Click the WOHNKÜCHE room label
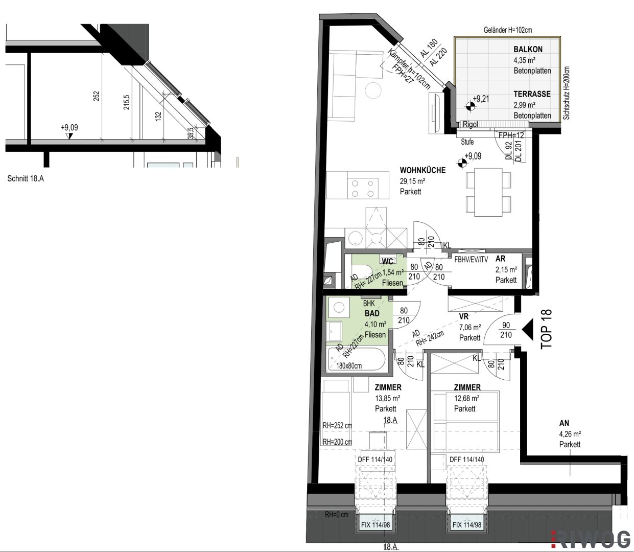(422, 170)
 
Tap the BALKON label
(528, 49)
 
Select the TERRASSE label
(532, 94)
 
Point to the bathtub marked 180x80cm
(357, 359)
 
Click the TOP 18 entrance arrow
(528, 330)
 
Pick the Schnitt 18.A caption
(26, 178)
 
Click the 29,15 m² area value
(412, 181)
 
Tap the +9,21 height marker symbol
(470, 106)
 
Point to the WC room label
(387, 261)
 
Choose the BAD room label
(372, 313)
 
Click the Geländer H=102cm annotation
(508, 30)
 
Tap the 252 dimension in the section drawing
(97, 96)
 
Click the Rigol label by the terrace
(470, 124)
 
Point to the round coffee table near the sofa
(373, 90)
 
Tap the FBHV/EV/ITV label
(471, 260)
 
